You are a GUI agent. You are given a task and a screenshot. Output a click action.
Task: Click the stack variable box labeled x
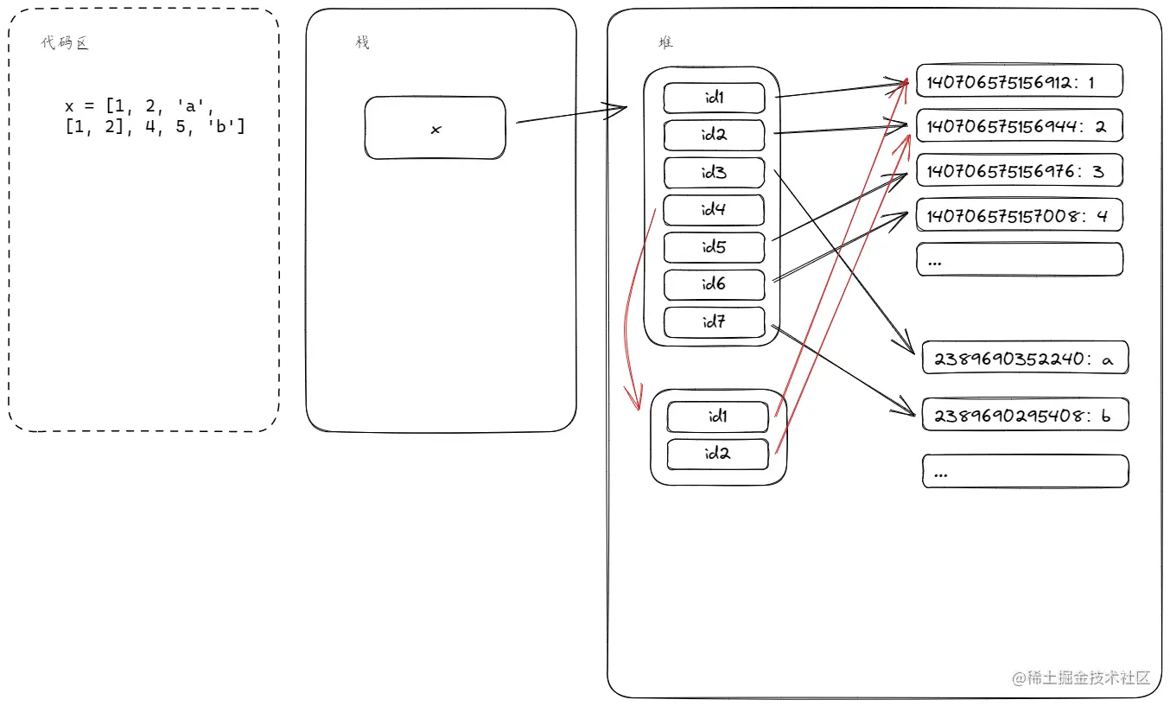tap(435, 128)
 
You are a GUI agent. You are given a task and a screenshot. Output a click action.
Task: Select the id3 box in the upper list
tap(714, 173)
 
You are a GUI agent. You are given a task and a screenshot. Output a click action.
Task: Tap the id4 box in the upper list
tap(714, 210)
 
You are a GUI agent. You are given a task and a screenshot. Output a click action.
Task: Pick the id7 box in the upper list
tap(714, 322)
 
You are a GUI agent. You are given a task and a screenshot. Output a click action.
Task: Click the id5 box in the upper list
tap(714, 247)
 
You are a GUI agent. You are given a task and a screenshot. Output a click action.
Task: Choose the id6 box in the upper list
tap(714, 284)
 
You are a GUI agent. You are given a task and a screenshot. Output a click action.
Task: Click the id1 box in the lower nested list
tap(717, 417)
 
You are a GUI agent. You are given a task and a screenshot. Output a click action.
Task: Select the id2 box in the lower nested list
tap(717, 454)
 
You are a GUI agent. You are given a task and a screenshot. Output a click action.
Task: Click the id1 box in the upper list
tap(714, 98)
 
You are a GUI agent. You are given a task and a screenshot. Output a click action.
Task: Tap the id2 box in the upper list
tap(714, 136)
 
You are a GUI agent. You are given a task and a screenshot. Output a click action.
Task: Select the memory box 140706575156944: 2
tap(1019, 126)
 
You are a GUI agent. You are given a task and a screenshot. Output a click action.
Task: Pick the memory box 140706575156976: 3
tap(1019, 170)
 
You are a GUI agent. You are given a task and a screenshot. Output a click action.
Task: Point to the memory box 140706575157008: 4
tap(1019, 215)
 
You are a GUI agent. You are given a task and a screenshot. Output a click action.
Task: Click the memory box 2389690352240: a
tap(1025, 358)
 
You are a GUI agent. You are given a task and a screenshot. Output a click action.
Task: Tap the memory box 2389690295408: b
tap(1025, 415)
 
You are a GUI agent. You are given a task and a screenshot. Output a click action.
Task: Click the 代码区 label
tap(65, 43)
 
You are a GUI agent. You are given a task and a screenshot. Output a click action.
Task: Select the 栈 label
tap(362, 42)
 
